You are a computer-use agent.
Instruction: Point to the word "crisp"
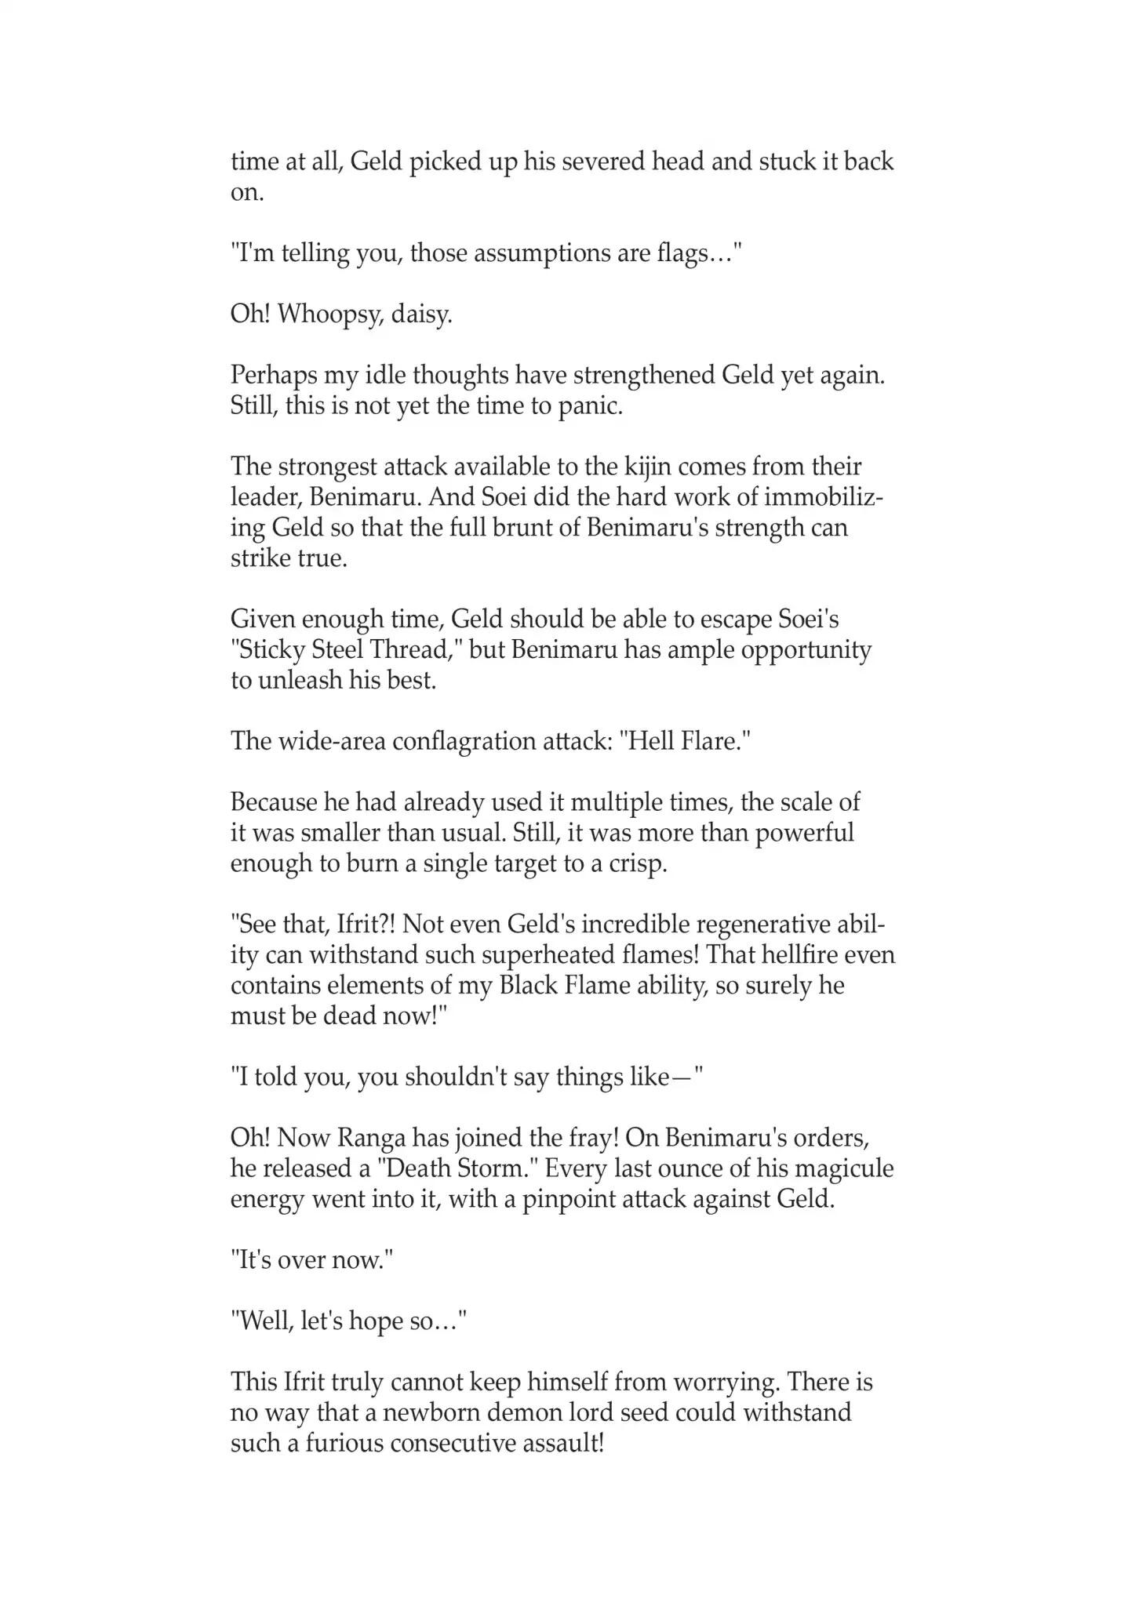click(x=637, y=863)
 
